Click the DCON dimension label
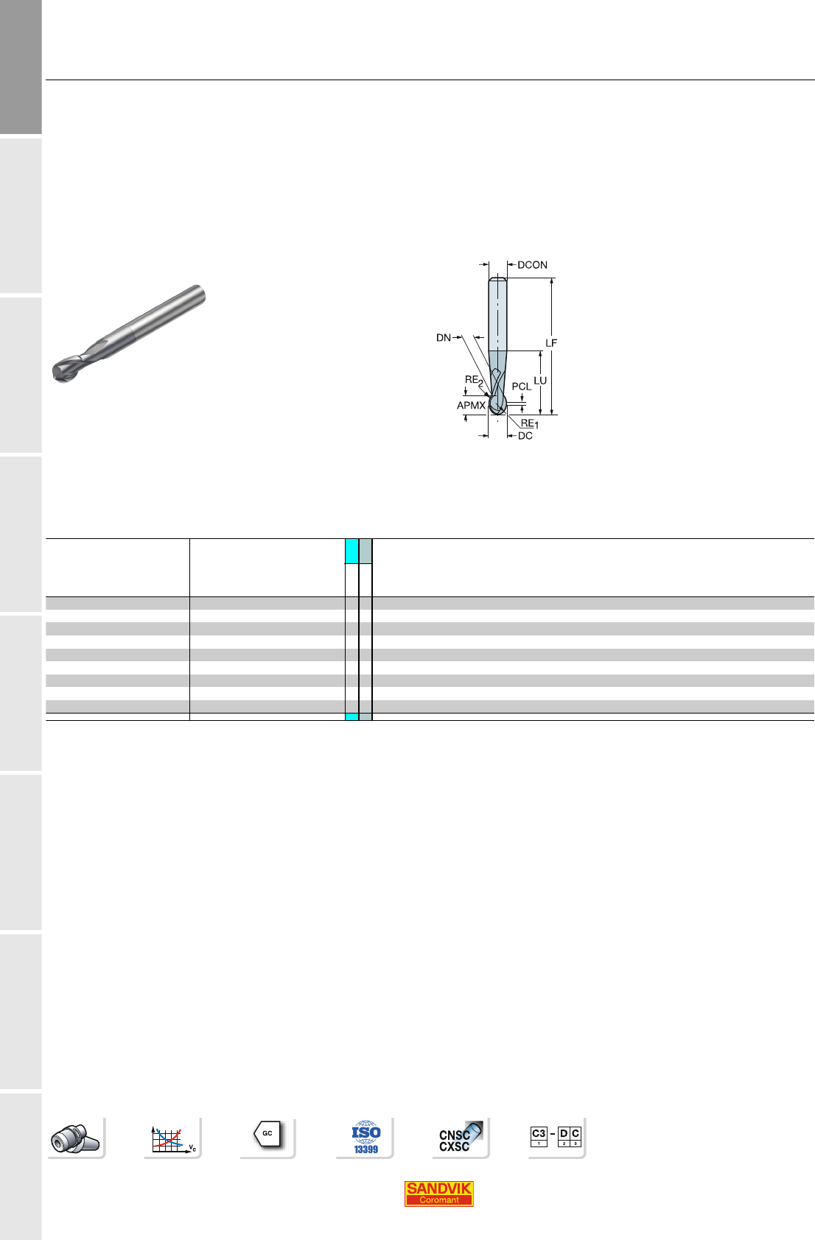[532, 265]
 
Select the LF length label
[550, 343]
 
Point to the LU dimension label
[540, 381]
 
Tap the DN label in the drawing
[443, 338]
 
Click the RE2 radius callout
[474, 380]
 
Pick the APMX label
[471, 406]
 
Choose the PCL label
[522, 387]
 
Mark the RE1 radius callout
[530, 423]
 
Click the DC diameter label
[525, 436]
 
